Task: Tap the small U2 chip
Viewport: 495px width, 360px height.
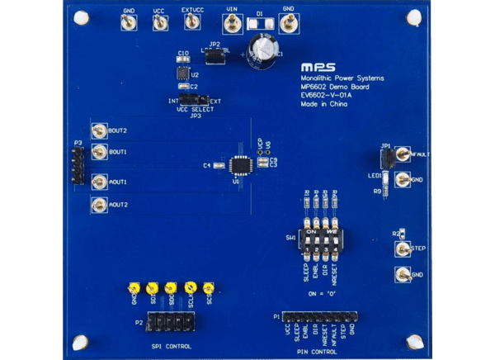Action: click(182, 73)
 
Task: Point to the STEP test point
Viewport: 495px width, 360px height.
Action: click(401, 248)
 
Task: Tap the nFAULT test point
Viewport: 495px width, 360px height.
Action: click(401, 154)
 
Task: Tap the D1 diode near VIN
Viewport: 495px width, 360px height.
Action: click(260, 24)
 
